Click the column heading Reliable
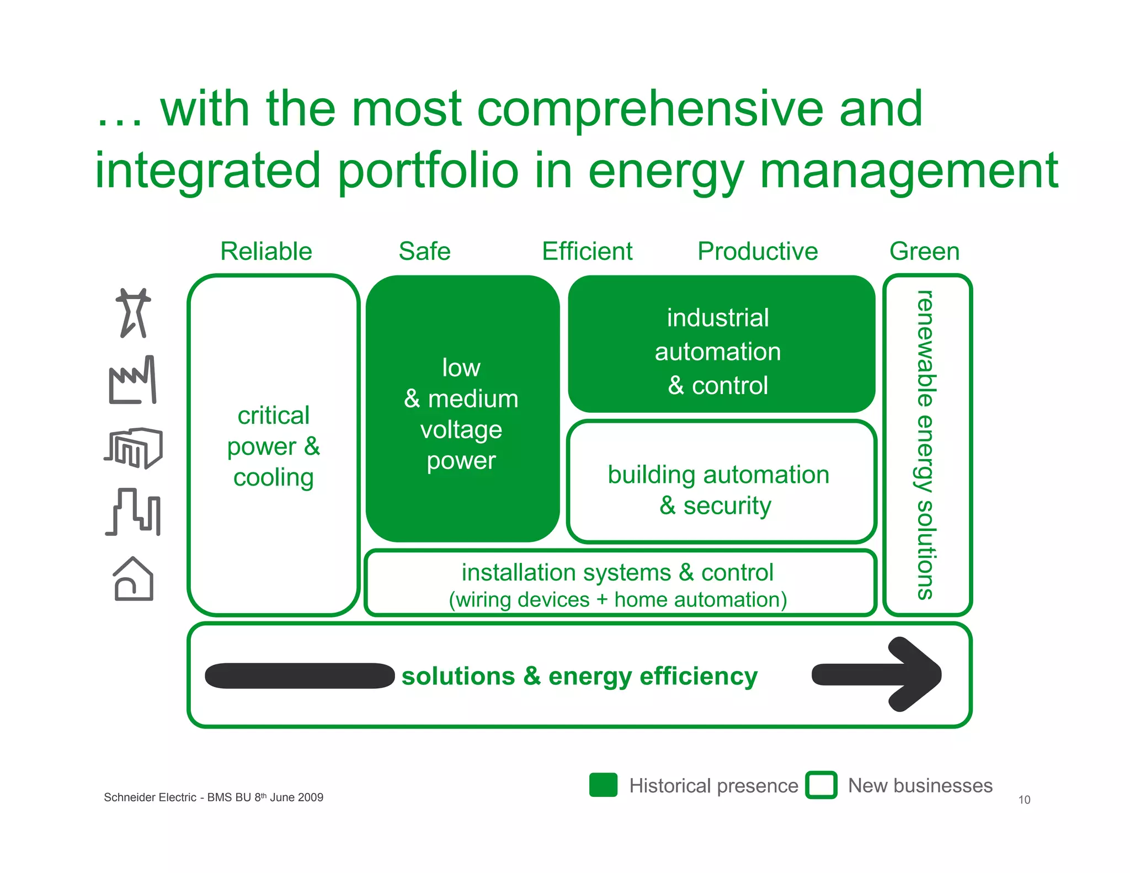[x=266, y=252]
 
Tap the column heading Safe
[x=424, y=252]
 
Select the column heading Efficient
[x=587, y=252]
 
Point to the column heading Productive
[x=758, y=252]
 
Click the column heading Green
[x=924, y=252]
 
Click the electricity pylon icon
[x=133, y=312]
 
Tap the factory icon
[x=132, y=381]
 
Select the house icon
[x=133, y=579]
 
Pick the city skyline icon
[x=134, y=512]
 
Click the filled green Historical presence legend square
[x=603, y=785]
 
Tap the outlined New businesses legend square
[x=821, y=785]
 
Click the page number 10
[x=1024, y=800]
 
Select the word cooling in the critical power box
[x=273, y=478]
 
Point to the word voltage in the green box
[x=461, y=430]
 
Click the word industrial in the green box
[x=717, y=318]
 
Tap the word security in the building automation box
[x=727, y=506]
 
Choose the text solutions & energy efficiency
[x=579, y=676]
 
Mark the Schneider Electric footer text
[x=213, y=797]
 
